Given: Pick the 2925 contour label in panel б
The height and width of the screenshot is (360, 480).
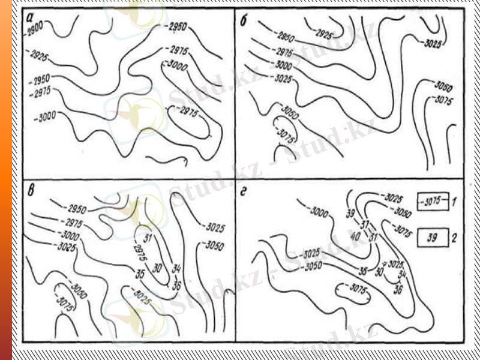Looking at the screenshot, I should [x=324, y=34].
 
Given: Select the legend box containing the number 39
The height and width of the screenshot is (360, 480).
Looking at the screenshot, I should [x=433, y=238].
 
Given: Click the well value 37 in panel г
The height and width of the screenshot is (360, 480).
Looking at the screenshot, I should [x=364, y=223].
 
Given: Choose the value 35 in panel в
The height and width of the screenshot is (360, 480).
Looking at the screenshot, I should [x=140, y=275].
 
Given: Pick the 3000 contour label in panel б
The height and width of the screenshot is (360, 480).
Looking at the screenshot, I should [x=281, y=65].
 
